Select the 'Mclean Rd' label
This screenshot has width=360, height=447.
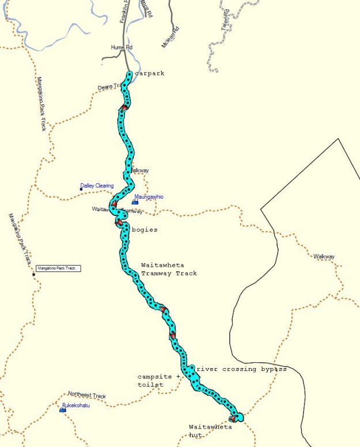[x=171, y=37]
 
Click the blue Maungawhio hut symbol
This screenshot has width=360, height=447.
[x=135, y=202]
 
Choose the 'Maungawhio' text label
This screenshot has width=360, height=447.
[x=150, y=197]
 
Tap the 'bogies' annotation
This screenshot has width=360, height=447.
[x=144, y=230]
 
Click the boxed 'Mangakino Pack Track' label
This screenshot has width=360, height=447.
[x=59, y=268]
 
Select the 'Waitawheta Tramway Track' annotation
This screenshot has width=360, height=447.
[x=169, y=269]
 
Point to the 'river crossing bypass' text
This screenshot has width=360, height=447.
[x=241, y=369]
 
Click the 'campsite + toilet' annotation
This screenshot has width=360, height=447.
[x=158, y=380]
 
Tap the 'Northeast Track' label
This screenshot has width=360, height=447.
[x=87, y=395]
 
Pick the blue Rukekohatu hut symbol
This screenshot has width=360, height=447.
[x=62, y=410]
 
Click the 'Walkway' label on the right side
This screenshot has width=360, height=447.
[x=324, y=256]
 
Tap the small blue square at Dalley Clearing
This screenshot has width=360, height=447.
[x=81, y=189]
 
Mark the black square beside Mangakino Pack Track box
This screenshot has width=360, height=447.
[x=33, y=274]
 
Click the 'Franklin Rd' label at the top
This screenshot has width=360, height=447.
[x=124, y=13]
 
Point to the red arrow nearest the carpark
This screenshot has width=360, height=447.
[x=124, y=107]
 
